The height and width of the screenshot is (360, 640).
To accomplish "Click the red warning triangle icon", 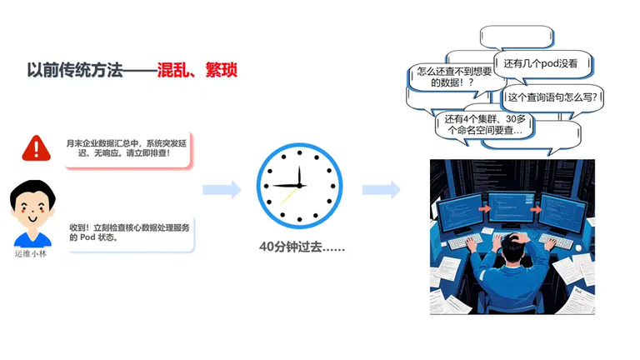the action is tap(37, 148).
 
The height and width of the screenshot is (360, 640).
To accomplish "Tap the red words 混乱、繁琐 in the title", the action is tap(197, 70).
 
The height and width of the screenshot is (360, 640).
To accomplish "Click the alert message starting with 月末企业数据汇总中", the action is tap(127, 149).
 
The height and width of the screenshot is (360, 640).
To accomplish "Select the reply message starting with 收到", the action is tap(131, 233).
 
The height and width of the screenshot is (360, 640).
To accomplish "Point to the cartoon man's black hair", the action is tap(32, 191).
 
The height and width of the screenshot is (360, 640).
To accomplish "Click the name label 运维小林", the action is tap(31, 254).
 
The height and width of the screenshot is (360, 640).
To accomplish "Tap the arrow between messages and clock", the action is tap(222, 189).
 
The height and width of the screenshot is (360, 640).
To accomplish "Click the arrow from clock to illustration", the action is tap(381, 189).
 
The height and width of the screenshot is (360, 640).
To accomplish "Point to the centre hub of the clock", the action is tap(300, 186).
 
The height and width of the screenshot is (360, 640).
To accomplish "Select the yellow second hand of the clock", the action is tap(289, 196).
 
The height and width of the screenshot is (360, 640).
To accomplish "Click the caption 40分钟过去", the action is tap(302, 247).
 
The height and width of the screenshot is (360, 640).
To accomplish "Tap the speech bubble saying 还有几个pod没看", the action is tap(542, 63).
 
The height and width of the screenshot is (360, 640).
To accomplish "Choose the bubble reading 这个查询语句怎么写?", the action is tap(552, 97).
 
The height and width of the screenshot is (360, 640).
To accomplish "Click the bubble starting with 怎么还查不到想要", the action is tap(454, 77).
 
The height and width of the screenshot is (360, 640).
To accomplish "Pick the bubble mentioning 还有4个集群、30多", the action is tap(484, 125).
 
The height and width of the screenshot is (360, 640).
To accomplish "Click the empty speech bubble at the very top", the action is tap(517, 37).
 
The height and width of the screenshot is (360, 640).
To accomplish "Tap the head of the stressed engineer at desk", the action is tap(515, 247).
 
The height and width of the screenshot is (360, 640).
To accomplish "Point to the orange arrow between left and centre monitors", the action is tap(484, 208).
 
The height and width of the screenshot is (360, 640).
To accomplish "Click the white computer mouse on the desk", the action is tap(578, 247).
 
